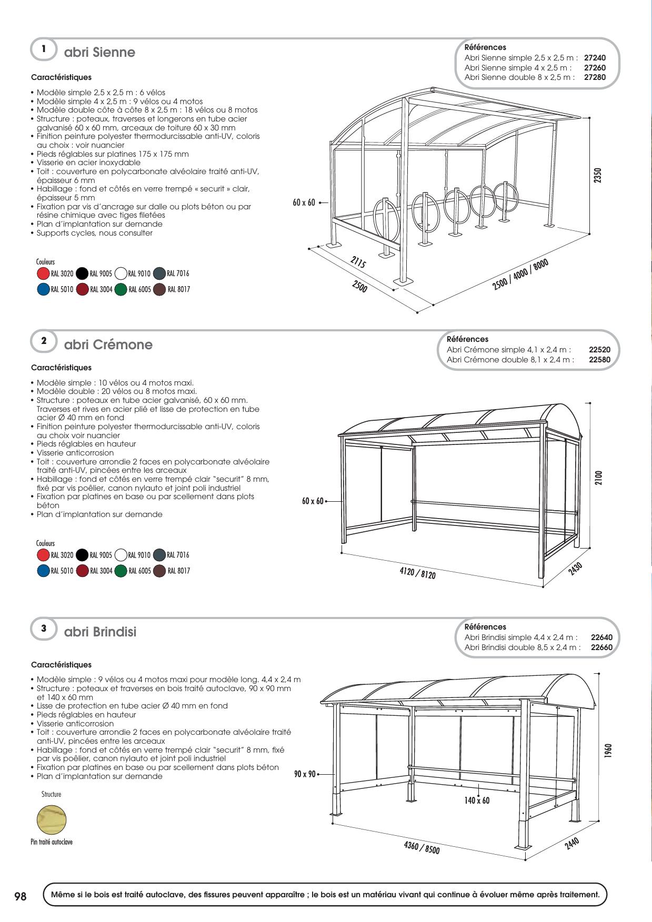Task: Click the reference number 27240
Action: pyautogui.click(x=595, y=58)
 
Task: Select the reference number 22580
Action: pyautogui.click(x=599, y=360)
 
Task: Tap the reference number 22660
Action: pyautogui.click(x=601, y=647)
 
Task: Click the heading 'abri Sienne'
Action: pyautogui.click(x=99, y=53)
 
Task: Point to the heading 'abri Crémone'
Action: pyautogui.click(x=108, y=345)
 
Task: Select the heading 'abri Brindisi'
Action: pyautogui.click(x=100, y=632)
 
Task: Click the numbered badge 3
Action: pyautogui.click(x=44, y=628)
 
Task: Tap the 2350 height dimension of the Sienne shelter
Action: pyautogui.click(x=597, y=176)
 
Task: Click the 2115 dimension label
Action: pyautogui.click(x=358, y=262)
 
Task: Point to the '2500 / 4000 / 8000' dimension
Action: pyautogui.click(x=520, y=275)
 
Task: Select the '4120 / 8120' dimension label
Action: pyautogui.click(x=417, y=573)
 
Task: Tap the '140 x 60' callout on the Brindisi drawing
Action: pyautogui.click(x=477, y=801)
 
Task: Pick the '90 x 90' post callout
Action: pyautogui.click(x=305, y=774)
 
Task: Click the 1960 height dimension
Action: pyautogui.click(x=608, y=749)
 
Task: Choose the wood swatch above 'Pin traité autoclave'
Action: pyautogui.click(x=52, y=820)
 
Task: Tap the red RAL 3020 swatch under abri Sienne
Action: pyautogui.click(x=43, y=273)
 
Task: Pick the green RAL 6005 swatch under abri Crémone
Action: pyautogui.click(x=121, y=571)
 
